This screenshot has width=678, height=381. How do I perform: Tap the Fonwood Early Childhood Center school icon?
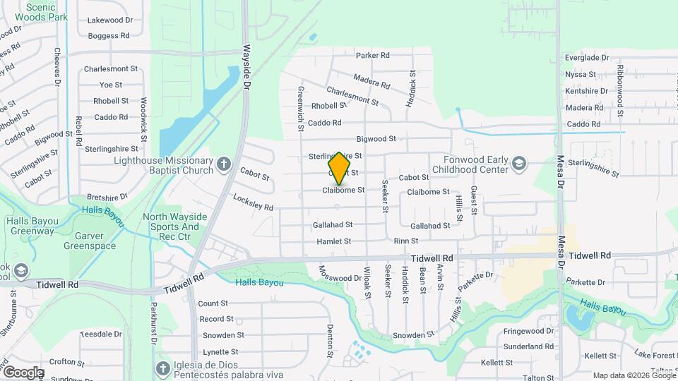[x=520, y=164]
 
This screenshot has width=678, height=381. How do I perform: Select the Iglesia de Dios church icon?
[x=163, y=368]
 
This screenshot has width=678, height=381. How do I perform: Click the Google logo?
[x=23, y=372]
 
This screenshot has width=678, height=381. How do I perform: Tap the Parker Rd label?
[x=373, y=55]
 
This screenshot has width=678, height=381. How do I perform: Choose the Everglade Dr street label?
[x=586, y=58]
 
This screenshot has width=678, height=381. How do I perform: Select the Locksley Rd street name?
[x=252, y=202]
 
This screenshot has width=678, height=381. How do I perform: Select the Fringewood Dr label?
[x=529, y=331]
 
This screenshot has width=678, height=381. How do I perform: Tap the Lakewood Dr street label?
[x=110, y=20]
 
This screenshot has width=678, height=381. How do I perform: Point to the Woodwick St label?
[x=143, y=115]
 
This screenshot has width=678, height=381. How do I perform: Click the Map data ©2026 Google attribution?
[x=634, y=375]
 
